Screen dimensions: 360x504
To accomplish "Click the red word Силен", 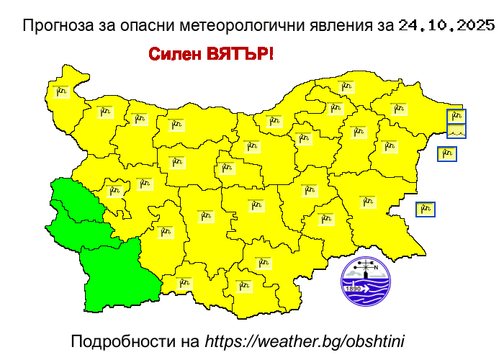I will coord(175,55).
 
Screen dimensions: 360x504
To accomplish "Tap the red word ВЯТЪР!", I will coord(240,55).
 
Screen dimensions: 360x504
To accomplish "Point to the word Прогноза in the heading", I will coord(58,26).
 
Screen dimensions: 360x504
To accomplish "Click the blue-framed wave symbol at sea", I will coord(456,131).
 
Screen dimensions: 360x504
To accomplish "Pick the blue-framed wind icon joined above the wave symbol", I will coord(456,117).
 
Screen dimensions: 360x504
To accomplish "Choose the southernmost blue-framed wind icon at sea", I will coord(426,210).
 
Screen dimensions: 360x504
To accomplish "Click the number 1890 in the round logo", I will coord(354,289).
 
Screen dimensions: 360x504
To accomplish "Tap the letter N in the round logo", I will coord(375,266).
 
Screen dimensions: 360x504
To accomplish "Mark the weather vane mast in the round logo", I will coord(366,270).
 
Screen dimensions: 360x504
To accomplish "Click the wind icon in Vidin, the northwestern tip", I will coord(60,91).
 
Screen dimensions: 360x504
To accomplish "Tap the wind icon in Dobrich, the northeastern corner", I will coord(399,109).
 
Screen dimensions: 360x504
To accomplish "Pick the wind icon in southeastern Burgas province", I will coord(368,202).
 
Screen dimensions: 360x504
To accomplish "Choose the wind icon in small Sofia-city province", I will coord(114,191).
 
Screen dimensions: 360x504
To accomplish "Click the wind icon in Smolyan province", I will coord(243,286).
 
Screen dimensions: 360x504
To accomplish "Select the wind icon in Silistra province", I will coord(347,87).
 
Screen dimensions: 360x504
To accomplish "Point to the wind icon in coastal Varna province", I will coord(389,146).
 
